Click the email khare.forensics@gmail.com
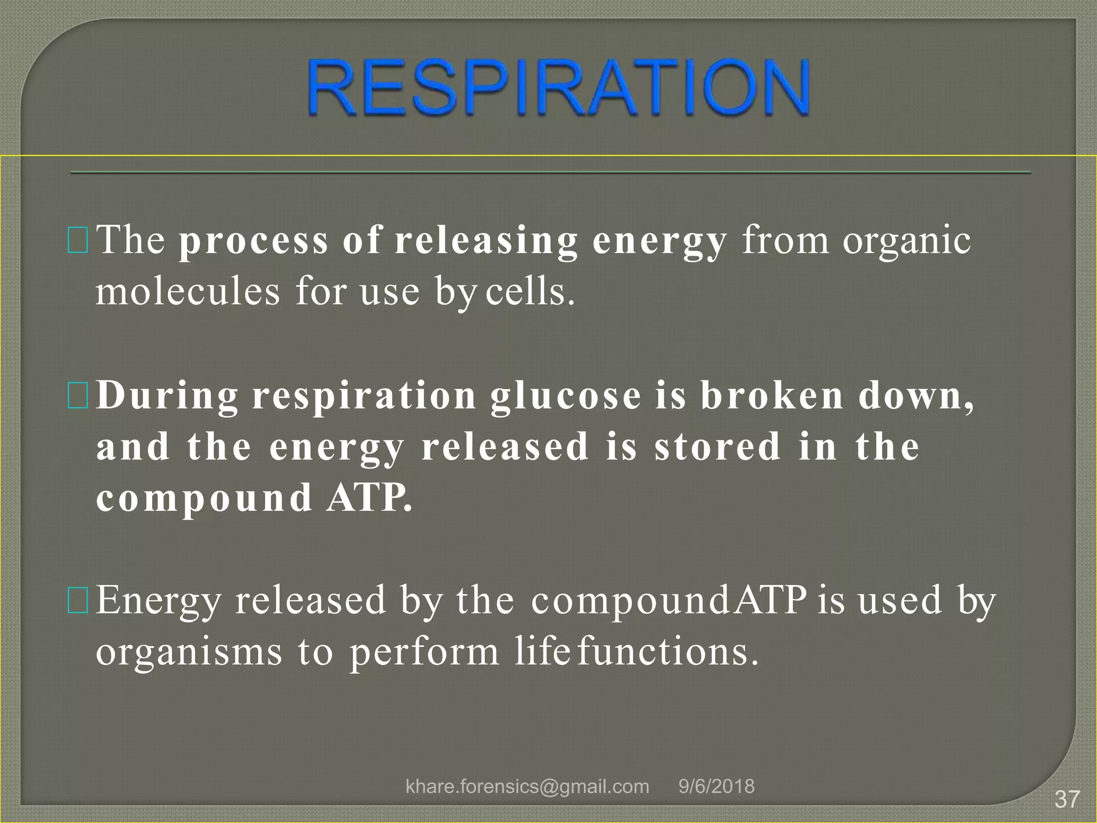(527, 786)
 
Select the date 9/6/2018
(716, 786)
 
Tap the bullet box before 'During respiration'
(78, 395)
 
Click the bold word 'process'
(253, 241)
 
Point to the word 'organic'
(906, 241)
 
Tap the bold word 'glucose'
(566, 396)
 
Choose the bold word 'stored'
(718, 446)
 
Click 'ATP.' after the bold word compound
(370, 498)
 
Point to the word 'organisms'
(189, 653)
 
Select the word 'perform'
(424, 653)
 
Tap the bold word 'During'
(168, 396)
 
